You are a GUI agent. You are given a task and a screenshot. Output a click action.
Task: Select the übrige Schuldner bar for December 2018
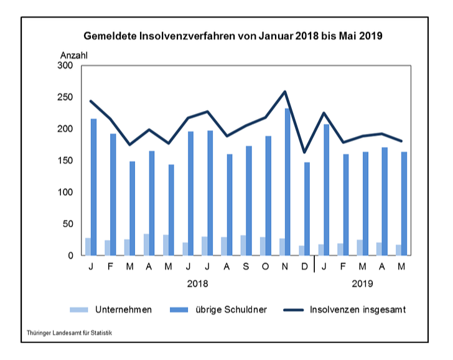[307, 209]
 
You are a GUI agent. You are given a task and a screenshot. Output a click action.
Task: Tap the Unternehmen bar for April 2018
[146, 245]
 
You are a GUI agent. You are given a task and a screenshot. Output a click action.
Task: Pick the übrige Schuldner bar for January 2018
[94, 187]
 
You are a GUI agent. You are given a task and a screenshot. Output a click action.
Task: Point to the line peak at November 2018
[285, 92]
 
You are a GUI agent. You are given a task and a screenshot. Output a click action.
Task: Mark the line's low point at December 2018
[304, 152]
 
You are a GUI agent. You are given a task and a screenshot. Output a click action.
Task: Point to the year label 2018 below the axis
[198, 283]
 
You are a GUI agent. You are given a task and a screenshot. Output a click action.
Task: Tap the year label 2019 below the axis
[363, 283]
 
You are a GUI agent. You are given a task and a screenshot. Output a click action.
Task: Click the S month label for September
[246, 268]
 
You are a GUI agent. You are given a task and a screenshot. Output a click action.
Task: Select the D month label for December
[304, 268]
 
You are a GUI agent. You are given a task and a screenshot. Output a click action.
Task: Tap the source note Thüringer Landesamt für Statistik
[69, 333]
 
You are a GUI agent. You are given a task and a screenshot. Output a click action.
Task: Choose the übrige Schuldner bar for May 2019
[404, 204]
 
